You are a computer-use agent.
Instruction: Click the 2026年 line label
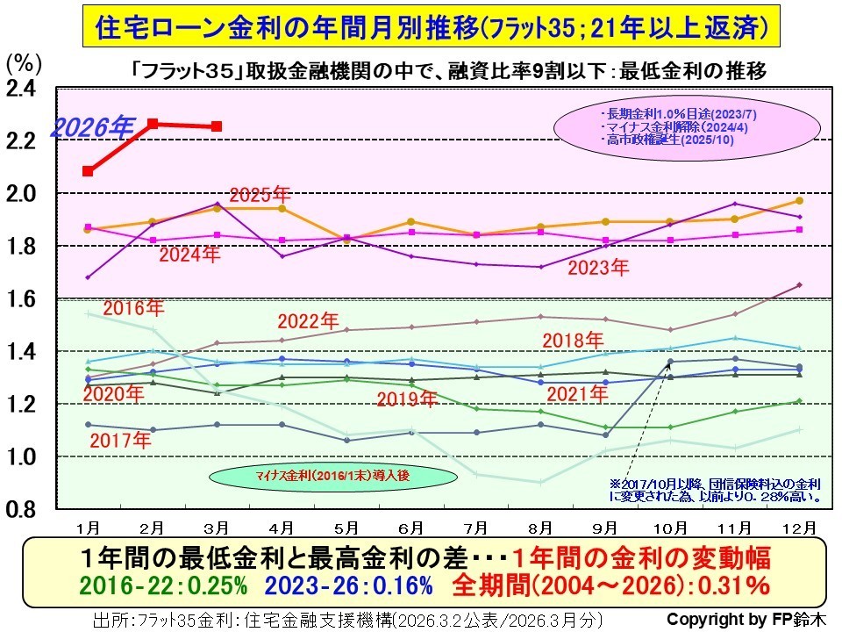(90, 127)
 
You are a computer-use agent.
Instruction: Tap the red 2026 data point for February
(153, 124)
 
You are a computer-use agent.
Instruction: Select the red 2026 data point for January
(88, 171)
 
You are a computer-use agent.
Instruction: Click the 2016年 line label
(133, 308)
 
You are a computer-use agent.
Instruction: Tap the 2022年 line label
(308, 321)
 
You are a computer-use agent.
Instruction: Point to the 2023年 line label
(598, 267)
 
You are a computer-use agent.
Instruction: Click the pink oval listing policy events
(656, 127)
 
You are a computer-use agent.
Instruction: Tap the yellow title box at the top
(426, 26)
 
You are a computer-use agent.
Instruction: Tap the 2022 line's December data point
(799, 284)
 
